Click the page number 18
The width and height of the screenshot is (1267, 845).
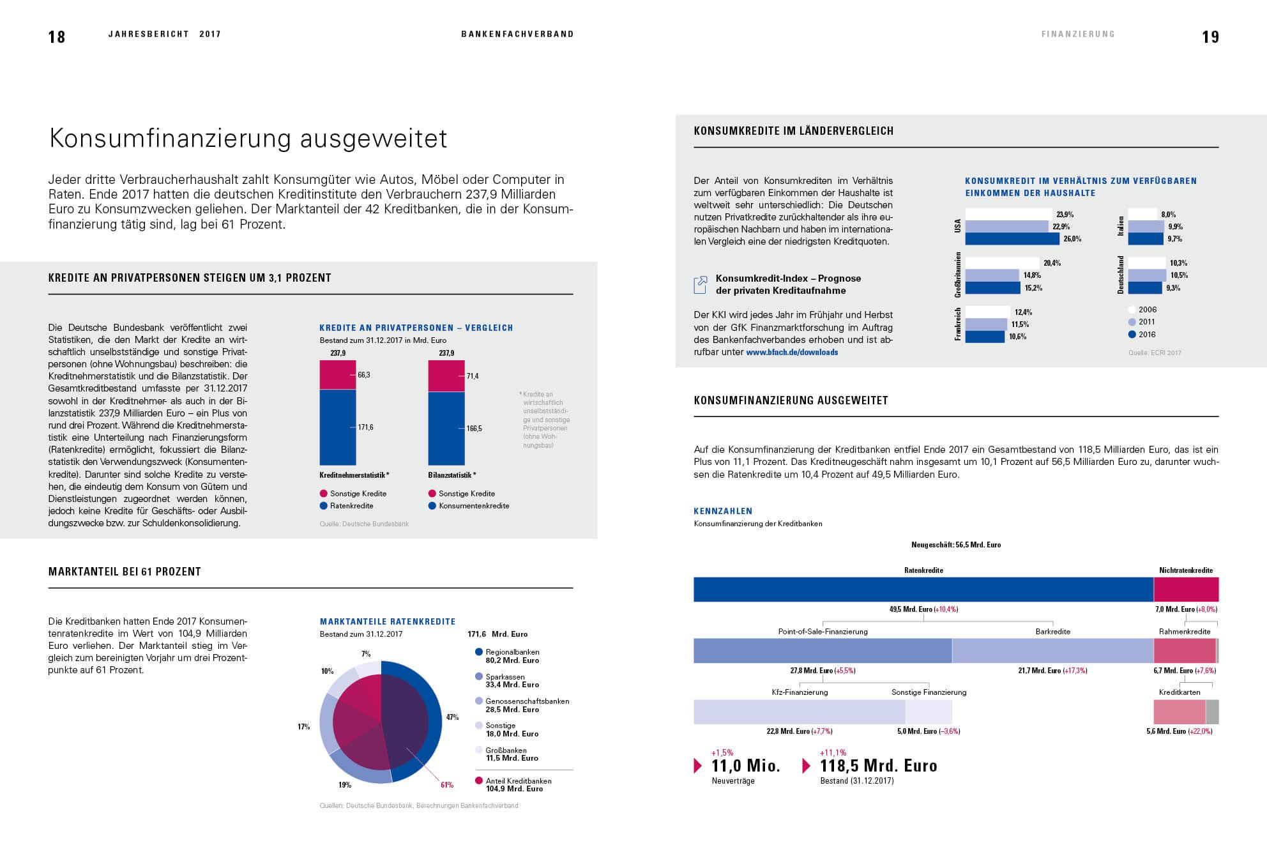57,37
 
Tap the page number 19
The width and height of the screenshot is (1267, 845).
1210,37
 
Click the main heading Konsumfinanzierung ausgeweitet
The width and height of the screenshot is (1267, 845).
248,139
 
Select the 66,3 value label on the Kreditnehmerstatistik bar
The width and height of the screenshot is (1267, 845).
364,375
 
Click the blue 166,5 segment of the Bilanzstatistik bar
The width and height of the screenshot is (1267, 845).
446,429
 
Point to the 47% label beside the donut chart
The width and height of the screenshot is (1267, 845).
452,717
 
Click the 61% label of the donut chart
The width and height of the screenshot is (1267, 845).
446,784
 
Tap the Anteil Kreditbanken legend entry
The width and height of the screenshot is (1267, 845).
513,784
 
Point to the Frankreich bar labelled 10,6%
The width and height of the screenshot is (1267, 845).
985,337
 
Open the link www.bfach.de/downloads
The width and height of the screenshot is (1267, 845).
792,352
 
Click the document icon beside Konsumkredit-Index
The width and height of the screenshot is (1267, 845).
701,284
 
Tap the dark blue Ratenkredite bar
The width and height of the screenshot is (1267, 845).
923,590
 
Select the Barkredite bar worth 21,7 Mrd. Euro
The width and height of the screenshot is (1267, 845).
1052,651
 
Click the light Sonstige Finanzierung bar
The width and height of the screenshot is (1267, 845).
929,712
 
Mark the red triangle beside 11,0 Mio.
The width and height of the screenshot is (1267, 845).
698,765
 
